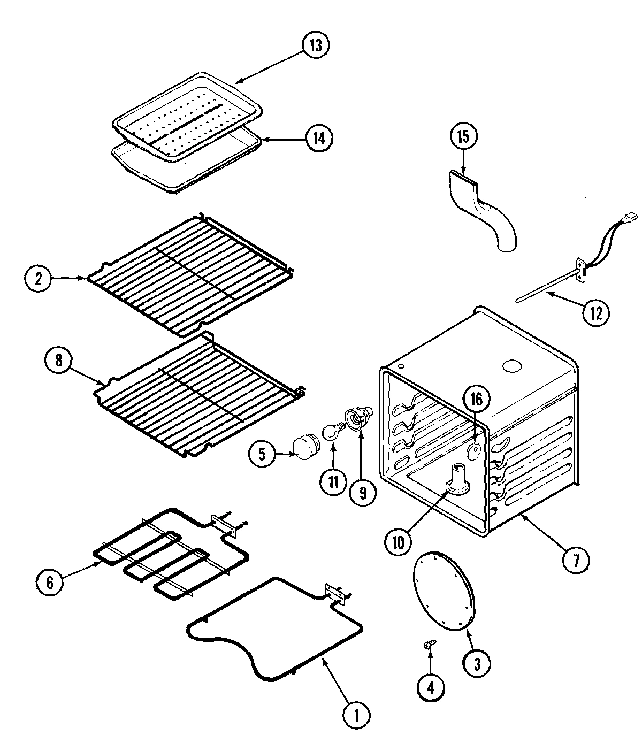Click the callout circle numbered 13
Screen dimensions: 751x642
316,45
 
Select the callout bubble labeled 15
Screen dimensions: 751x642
463,136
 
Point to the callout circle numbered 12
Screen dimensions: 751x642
595,312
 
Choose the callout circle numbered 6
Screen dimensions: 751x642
50,582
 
